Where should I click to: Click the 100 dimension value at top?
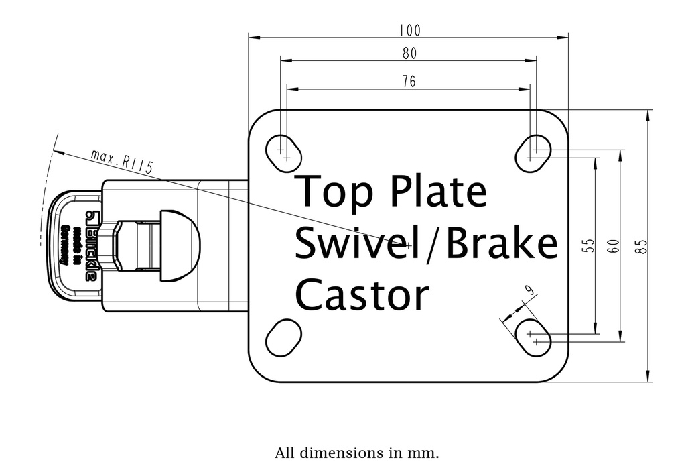click(x=409, y=30)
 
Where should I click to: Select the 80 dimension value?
click(x=409, y=53)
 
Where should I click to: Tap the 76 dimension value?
click(x=409, y=81)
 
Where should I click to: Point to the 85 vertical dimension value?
click(x=642, y=246)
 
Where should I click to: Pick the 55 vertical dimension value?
click(x=588, y=246)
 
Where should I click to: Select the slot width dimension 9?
click(x=529, y=290)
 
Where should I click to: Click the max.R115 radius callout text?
click(x=123, y=163)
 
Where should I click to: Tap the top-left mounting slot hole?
click(x=284, y=152)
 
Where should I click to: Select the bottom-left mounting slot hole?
click(x=283, y=337)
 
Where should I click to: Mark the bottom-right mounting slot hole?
click(x=534, y=337)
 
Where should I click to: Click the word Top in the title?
click(x=332, y=192)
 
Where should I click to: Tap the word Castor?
click(x=362, y=295)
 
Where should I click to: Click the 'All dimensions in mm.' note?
click(x=357, y=452)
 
